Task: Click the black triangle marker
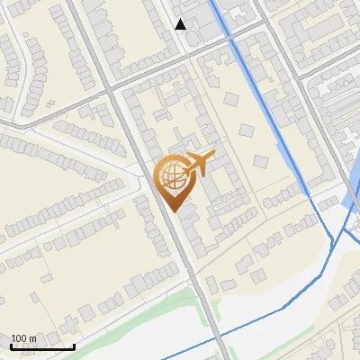coord(181,24)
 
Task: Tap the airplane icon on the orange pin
coord(197,163)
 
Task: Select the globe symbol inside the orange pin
coord(171,176)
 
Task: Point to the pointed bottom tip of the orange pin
coord(173,212)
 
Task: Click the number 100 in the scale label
coord(22,338)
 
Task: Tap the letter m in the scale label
coord(33,338)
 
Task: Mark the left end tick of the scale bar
coord(10,346)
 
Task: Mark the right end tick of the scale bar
coord(75,346)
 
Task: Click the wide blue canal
coord(260,99)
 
